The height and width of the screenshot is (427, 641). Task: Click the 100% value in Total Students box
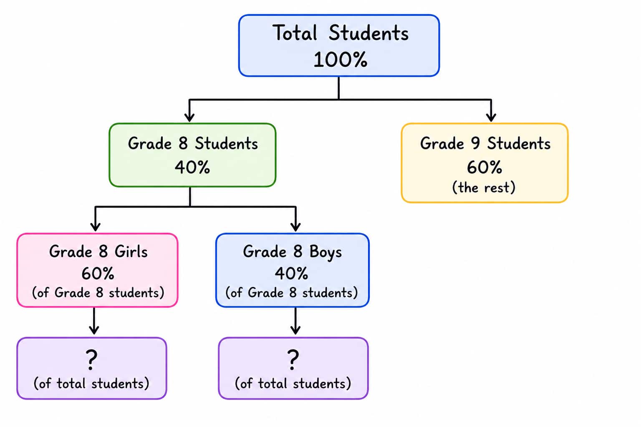point(340,60)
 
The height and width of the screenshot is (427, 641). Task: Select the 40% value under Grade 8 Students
point(192,167)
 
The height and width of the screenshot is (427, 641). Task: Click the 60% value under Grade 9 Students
point(485,167)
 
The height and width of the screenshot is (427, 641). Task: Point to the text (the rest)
point(484,188)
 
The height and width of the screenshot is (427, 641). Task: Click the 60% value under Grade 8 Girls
point(98,274)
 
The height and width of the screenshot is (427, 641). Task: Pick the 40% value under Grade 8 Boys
point(292,274)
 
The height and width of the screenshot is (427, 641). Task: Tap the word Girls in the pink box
point(131,252)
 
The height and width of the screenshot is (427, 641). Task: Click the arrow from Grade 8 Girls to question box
point(94,321)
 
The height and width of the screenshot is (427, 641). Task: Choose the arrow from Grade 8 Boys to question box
point(295,321)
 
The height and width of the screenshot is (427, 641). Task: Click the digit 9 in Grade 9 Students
point(475,143)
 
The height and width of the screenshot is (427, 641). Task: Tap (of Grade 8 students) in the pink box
point(98,293)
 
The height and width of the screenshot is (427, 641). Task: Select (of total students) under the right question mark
point(293,384)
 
